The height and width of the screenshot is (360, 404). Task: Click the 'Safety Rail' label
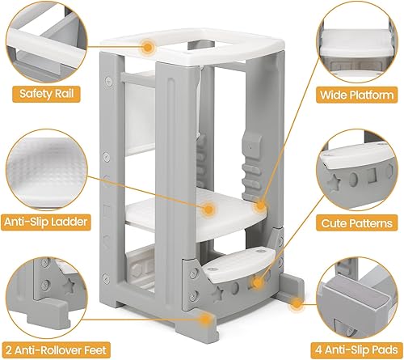point(46,94)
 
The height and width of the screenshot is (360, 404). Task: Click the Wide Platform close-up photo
point(358,40)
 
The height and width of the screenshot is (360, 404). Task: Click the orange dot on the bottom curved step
point(258,283)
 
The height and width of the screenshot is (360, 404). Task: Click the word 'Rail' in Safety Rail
point(65,94)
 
